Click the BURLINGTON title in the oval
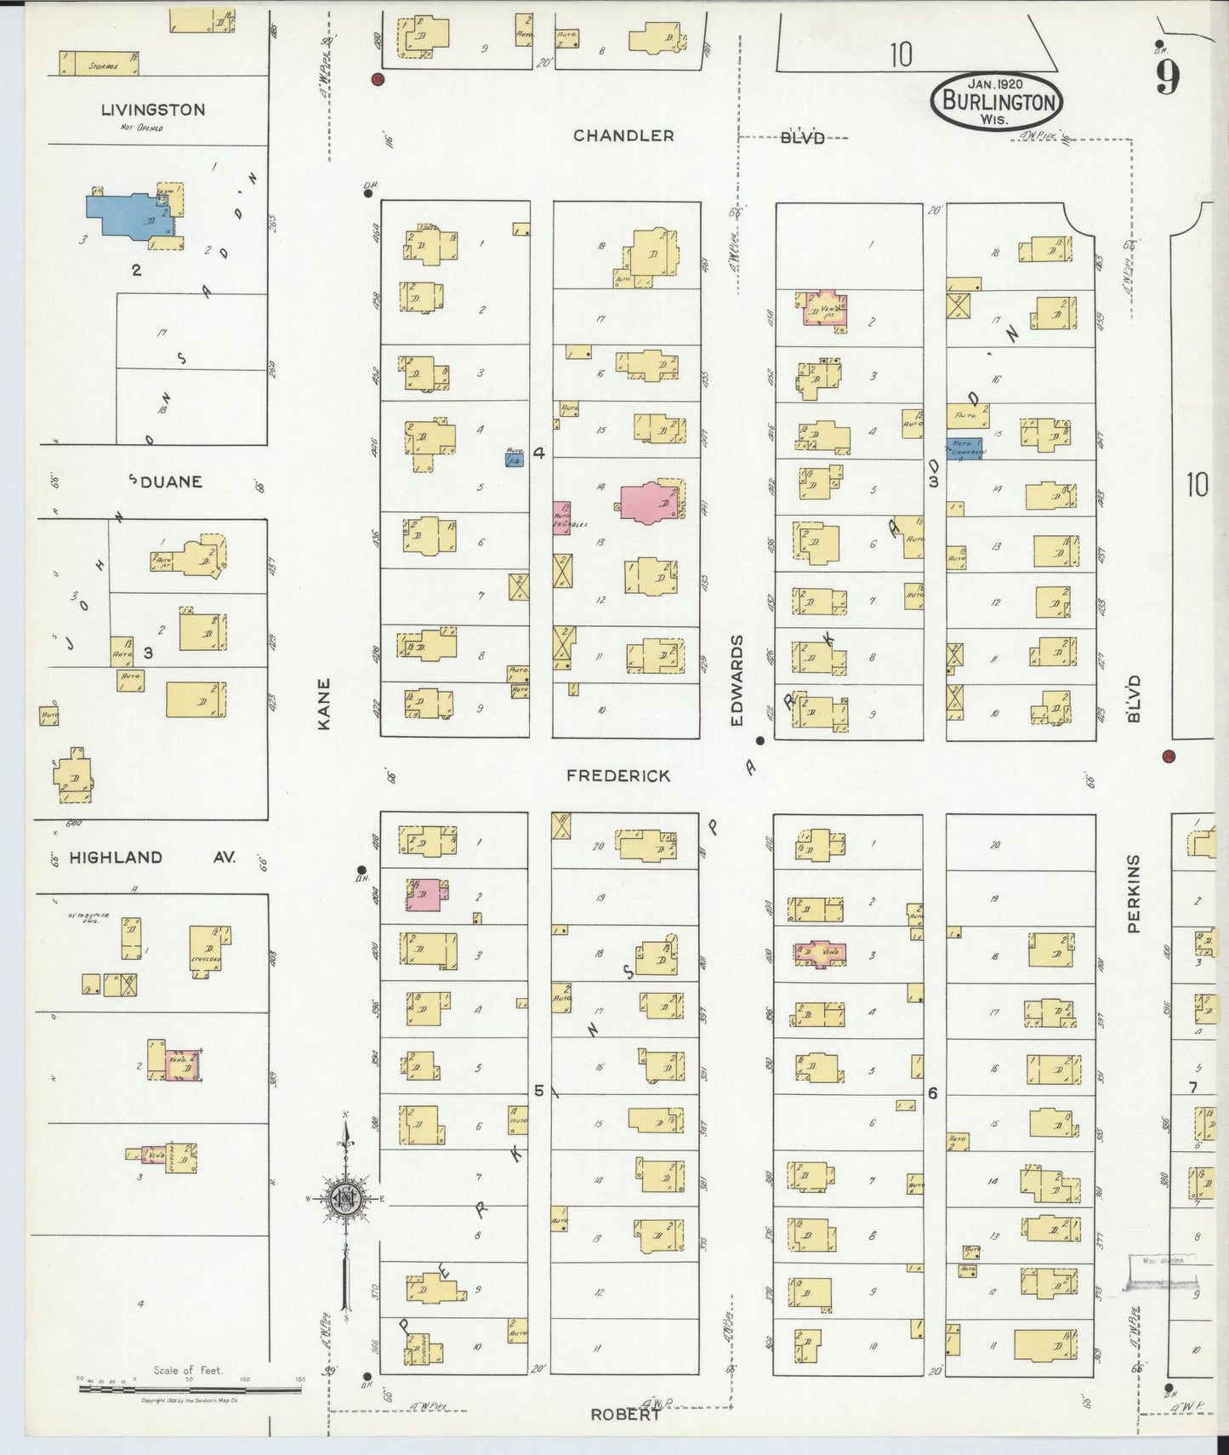tap(997, 103)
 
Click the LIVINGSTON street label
tap(153, 110)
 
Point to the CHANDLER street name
tap(623, 135)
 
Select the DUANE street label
tap(171, 482)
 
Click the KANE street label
tap(323, 703)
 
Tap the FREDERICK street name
tap(618, 776)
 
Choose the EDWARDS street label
tap(737, 681)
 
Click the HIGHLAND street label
tap(116, 858)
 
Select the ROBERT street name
tap(626, 1413)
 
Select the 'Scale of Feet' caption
tap(188, 1370)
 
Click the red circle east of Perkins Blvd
tap(1169, 755)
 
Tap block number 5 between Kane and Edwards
tap(538, 1090)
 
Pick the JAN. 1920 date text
tap(995, 83)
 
